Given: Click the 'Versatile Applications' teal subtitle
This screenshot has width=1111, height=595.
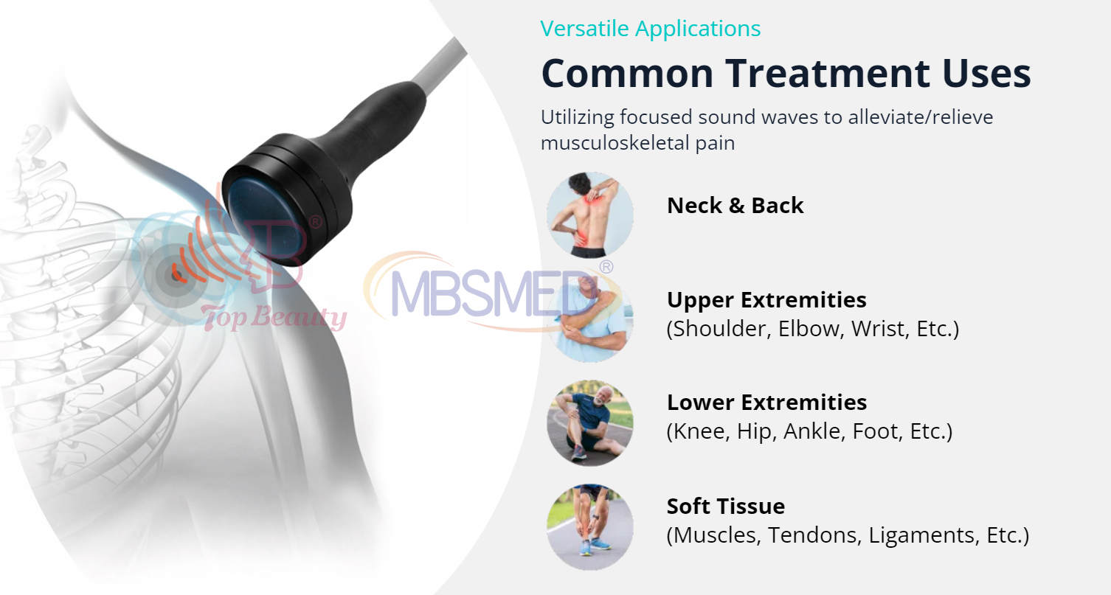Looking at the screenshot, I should click(x=650, y=29).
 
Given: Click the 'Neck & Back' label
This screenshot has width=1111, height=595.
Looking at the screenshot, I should click(x=735, y=206).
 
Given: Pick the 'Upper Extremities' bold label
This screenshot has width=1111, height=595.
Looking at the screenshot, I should click(x=766, y=300).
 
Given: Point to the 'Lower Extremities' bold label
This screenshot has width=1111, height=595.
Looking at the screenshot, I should click(x=766, y=403).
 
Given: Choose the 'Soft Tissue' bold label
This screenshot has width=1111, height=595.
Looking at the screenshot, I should click(x=725, y=507).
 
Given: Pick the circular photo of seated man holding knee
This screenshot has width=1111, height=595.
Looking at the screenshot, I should click(x=589, y=422).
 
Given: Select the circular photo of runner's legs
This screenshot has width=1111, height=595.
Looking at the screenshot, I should click(x=589, y=526).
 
